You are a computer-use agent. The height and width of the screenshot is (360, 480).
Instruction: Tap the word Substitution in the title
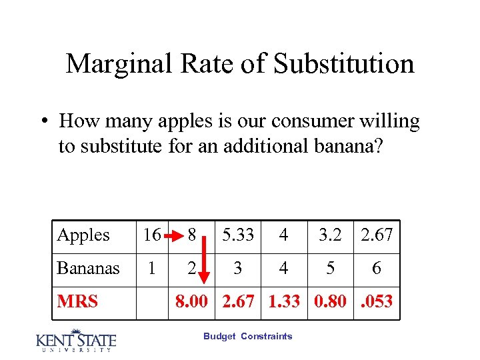pyautogui.click(x=344, y=64)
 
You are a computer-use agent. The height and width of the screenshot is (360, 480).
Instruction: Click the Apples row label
pyautogui.click(x=83, y=235)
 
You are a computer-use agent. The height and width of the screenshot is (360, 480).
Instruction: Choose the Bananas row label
pyautogui.click(x=89, y=269)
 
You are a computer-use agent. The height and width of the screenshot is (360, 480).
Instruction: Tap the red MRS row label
pyautogui.click(x=77, y=301)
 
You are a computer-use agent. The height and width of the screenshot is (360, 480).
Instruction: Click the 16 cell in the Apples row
pyautogui.click(x=152, y=235)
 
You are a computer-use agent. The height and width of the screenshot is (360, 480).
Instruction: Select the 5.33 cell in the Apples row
pyautogui.click(x=237, y=235)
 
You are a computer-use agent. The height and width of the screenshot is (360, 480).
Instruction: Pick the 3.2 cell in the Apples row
pyautogui.click(x=331, y=235)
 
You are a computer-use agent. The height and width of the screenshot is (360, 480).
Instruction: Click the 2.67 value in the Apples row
pyautogui.click(x=377, y=235)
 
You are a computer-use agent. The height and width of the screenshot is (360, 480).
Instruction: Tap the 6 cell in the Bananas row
pyautogui.click(x=377, y=269)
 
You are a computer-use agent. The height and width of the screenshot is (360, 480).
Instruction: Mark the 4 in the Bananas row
pyautogui.click(x=284, y=269)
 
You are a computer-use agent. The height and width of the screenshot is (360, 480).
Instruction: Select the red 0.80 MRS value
pyautogui.click(x=331, y=301)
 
